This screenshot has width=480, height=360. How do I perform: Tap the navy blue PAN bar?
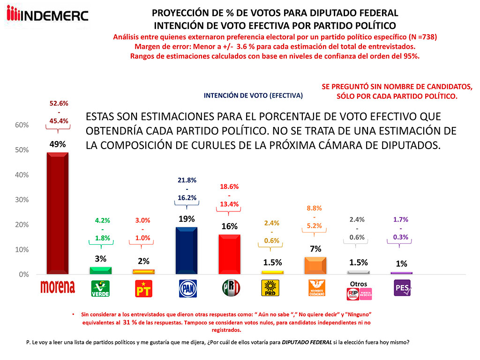click(x=187, y=250)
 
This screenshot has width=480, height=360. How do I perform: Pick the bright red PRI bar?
click(x=230, y=254)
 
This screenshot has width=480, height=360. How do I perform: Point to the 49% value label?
click(x=58, y=145)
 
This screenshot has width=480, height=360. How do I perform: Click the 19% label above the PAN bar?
click(x=187, y=218)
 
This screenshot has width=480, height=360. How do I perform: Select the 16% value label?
click(x=230, y=226)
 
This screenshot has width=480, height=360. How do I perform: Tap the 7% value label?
click(x=315, y=248)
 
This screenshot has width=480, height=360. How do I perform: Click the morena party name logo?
click(x=58, y=287)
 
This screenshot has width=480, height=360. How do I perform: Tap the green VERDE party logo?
click(x=100, y=288)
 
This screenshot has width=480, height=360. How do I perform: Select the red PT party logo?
click(x=143, y=289)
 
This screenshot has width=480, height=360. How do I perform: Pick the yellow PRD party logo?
click(x=272, y=288)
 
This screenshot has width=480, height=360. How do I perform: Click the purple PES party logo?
click(x=401, y=288)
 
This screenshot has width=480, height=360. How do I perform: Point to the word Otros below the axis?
click(x=359, y=283)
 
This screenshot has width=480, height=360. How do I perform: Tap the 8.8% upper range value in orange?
click(x=314, y=208)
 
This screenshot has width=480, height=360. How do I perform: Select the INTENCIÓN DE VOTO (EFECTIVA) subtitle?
click(x=253, y=95)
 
